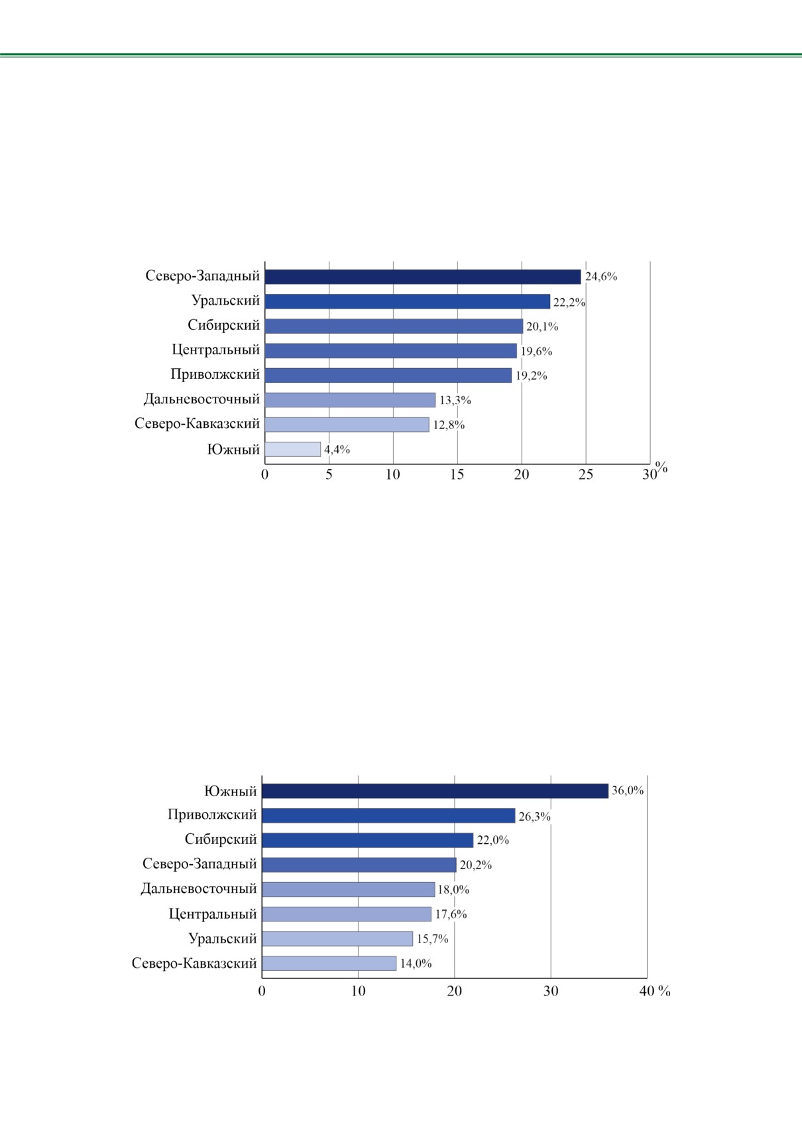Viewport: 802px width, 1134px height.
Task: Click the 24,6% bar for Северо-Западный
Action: tap(422, 277)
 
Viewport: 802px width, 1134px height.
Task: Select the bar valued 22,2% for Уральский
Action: tap(408, 302)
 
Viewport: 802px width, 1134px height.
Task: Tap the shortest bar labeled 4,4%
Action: tap(293, 449)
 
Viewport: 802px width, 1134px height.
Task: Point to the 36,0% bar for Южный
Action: tap(435, 791)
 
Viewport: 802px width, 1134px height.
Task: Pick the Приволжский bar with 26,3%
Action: tap(388, 815)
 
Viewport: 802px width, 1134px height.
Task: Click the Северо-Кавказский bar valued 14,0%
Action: tap(329, 963)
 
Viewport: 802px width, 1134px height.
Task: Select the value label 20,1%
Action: tap(542, 327)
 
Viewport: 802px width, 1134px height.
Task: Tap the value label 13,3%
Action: tap(455, 401)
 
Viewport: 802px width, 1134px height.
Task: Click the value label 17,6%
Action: tap(451, 914)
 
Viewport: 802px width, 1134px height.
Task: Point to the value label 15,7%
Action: tap(433, 939)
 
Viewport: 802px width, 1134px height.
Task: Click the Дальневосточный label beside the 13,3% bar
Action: tap(201, 399)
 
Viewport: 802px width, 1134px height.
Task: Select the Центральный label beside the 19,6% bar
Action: tap(216, 350)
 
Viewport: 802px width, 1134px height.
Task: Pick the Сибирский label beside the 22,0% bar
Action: tap(221, 839)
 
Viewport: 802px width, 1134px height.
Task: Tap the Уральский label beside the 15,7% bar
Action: tap(223, 939)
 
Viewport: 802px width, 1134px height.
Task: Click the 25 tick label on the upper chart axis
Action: tap(586, 474)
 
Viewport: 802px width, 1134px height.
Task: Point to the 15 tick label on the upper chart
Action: tap(457, 474)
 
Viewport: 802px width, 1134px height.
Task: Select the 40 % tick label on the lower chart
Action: tap(655, 991)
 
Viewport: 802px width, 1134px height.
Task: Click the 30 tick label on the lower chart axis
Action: tap(551, 991)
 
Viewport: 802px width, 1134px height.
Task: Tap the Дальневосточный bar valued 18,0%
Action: tap(349, 890)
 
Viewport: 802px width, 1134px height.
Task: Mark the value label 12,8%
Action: tap(449, 425)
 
